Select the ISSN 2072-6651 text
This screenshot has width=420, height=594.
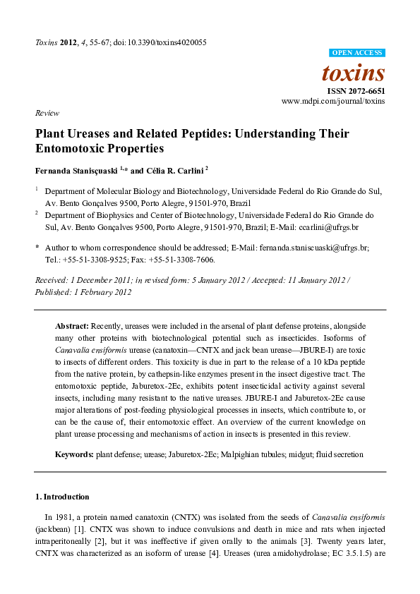tap(355, 91)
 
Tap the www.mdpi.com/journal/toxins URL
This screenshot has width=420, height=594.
tap(333, 102)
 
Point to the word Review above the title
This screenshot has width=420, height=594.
tap(47, 113)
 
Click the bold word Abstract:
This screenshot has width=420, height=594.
tap(72, 327)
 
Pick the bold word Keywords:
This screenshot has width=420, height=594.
tap(74, 455)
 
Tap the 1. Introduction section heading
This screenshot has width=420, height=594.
tap(62, 497)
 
